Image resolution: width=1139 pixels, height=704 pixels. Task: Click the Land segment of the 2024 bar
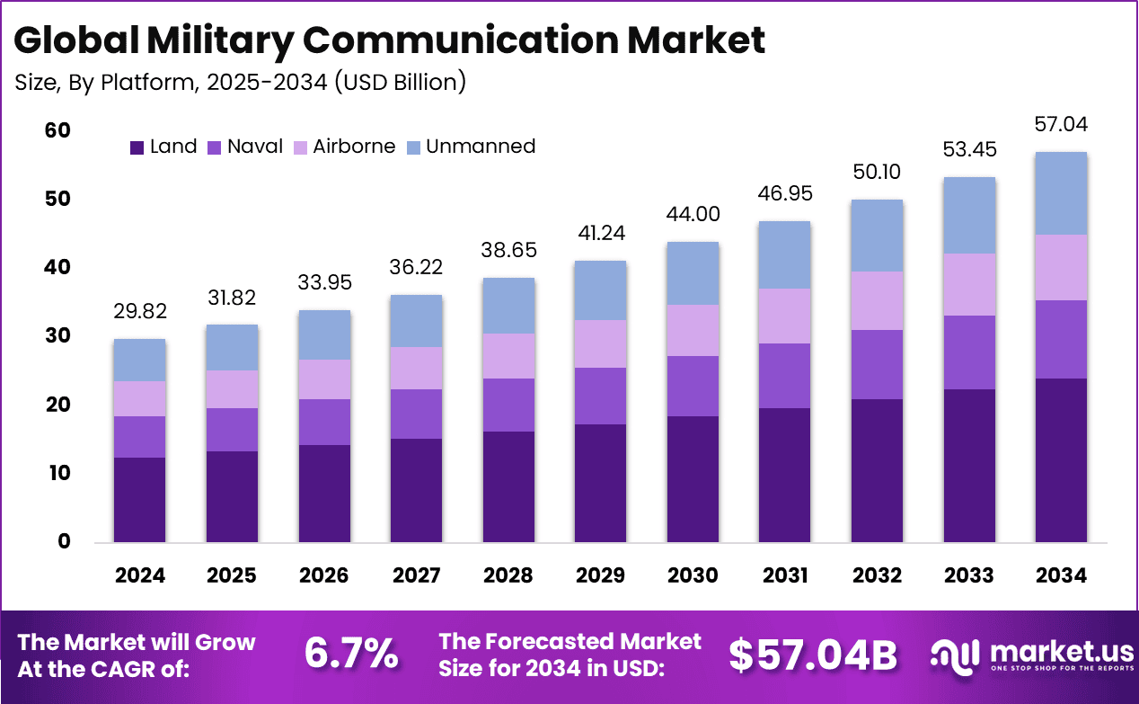click(139, 500)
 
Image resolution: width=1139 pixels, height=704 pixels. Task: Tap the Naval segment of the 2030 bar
click(693, 386)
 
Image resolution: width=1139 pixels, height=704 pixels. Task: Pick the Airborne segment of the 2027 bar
click(416, 368)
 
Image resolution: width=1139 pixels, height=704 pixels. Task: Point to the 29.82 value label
click(139, 311)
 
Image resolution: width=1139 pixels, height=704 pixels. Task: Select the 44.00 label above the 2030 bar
click(693, 214)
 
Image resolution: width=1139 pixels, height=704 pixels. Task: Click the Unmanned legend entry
click(480, 147)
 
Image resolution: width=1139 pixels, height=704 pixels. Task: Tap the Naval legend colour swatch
click(216, 147)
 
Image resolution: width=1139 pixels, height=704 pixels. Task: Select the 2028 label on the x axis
click(508, 575)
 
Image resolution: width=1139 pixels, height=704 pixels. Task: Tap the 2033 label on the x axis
click(968, 575)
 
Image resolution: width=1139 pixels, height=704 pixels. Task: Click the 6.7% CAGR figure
click(351, 655)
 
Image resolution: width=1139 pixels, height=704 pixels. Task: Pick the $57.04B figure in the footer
click(812, 656)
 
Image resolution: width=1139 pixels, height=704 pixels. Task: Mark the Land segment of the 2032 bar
click(877, 471)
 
